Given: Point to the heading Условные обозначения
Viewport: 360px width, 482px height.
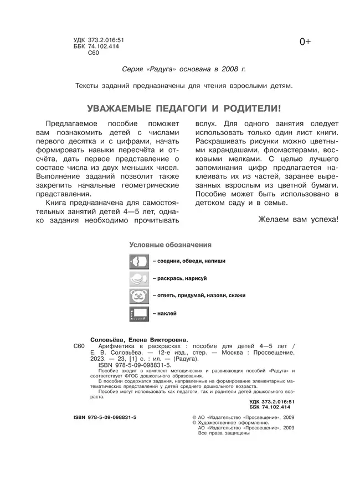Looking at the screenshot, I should coord(170,244).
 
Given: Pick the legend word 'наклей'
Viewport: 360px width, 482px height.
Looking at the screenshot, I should coord(167,314).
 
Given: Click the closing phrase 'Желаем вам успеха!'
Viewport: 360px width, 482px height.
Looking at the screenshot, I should coord(298,220).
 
